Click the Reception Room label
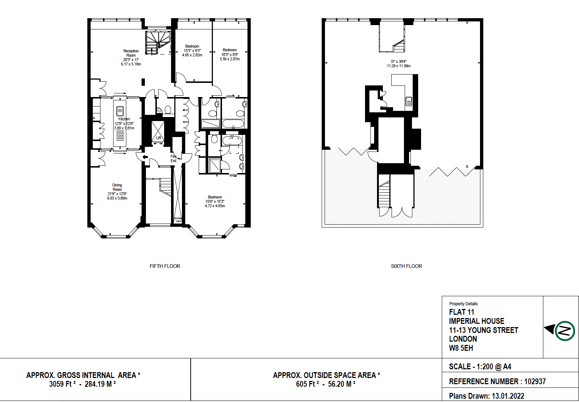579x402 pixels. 131,53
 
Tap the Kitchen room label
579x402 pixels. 124,119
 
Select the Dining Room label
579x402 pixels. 117,187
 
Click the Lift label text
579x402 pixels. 158,138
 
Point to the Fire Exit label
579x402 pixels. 174,158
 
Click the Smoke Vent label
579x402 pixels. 178,220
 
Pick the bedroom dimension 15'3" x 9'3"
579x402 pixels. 192,51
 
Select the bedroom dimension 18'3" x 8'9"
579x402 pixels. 230,55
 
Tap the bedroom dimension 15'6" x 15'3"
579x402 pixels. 215,201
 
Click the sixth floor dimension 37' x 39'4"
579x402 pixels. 398,61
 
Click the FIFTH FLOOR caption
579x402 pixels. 165,266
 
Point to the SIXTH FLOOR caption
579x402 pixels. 407,266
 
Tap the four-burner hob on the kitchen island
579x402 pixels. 120,135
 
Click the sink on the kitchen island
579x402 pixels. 120,111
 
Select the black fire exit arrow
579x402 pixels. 145,157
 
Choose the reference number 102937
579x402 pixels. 535,382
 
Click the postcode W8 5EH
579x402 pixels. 461,348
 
